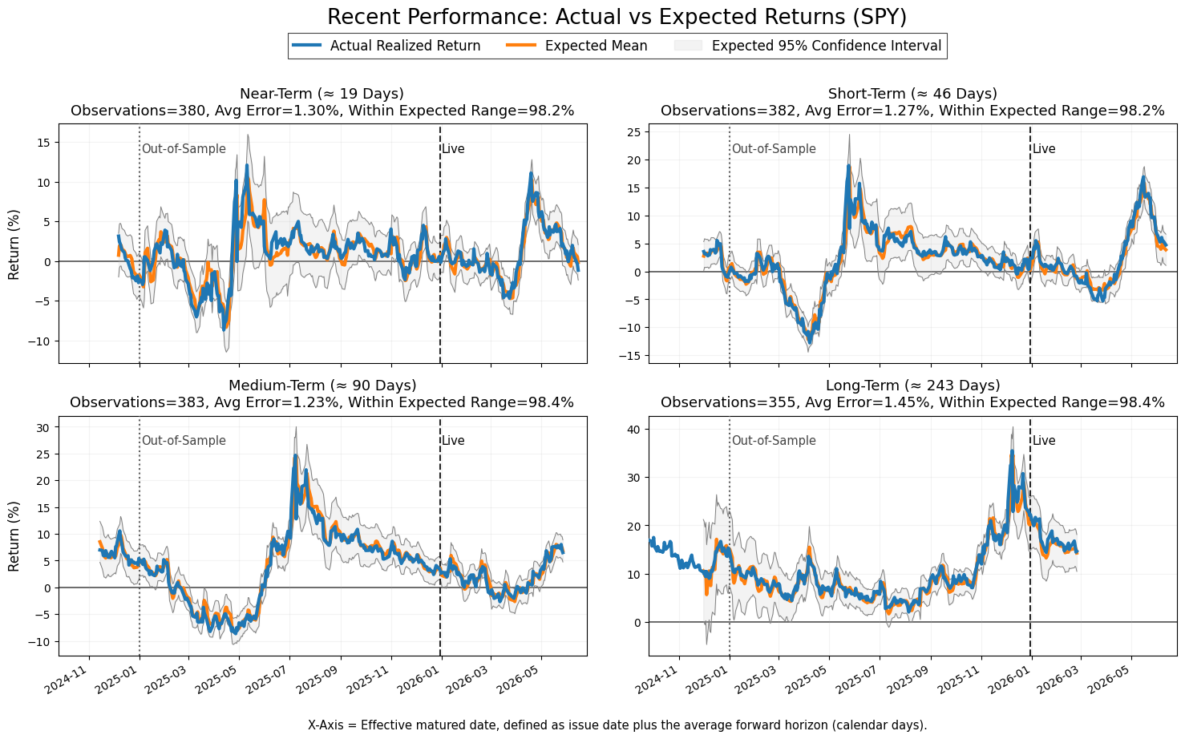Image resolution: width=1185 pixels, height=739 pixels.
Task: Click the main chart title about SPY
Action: coord(617,17)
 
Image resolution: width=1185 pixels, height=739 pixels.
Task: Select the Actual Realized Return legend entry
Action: coord(386,46)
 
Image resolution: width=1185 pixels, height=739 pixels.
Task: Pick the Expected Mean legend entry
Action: coord(576,46)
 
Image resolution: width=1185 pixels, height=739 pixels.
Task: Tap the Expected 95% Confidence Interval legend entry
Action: coord(808,46)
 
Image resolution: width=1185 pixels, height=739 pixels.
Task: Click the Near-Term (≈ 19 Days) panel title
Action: coord(322,94)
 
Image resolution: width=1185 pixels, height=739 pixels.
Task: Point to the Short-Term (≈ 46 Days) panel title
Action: coord(912,94)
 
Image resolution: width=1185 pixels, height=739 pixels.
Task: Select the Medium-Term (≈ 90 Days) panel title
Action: coord(322,385)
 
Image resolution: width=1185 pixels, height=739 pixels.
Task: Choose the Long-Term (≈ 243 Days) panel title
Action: coord(912,385)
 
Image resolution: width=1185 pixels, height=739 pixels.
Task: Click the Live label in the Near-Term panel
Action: coord(453,148)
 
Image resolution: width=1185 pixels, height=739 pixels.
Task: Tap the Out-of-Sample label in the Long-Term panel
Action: coord(774,441)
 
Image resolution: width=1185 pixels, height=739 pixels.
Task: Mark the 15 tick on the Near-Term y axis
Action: coord(44,143)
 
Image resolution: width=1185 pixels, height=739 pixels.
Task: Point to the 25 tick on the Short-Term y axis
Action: coord(633,131)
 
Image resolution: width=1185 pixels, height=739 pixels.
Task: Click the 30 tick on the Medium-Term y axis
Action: coord(44,427)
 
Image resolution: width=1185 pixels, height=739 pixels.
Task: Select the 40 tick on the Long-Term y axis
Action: coord(633,429)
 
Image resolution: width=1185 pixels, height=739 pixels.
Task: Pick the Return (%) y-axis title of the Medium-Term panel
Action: coord(14,536)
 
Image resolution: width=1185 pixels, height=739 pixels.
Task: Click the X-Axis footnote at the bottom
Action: coord(617,725)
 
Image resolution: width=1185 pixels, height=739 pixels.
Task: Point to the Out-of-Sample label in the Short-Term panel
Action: coord(774,148)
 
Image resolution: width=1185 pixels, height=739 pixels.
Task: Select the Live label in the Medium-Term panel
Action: coord(453,441)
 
